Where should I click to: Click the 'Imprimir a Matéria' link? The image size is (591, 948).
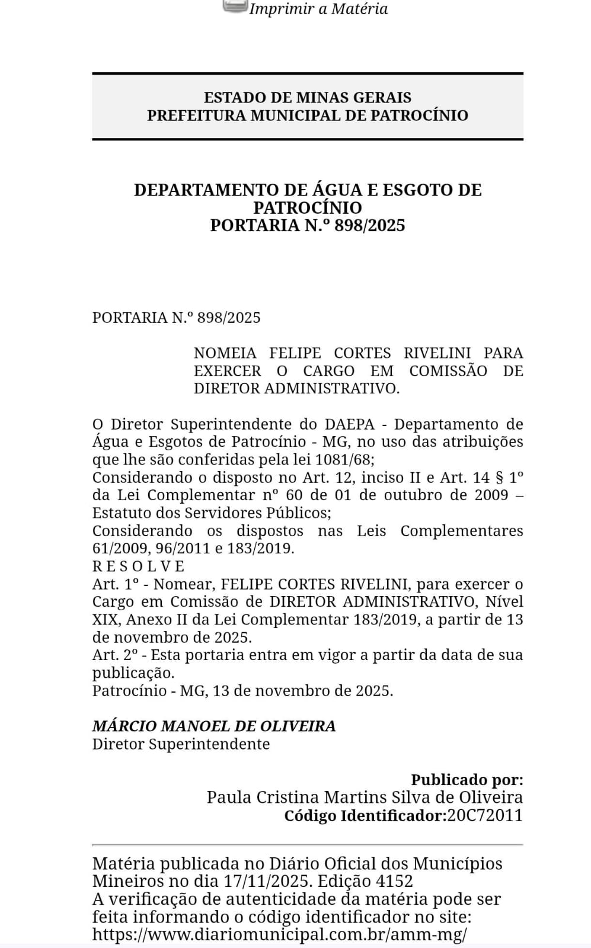pos(318,9)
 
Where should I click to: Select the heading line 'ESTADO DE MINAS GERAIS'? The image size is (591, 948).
pos(307,97)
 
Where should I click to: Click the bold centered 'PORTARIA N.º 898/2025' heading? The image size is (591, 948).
pos(307,225)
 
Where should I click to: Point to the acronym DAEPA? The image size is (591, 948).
pos(349,424)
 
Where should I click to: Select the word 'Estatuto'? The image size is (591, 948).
pos(122,513)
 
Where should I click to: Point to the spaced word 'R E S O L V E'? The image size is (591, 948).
pos(138,566)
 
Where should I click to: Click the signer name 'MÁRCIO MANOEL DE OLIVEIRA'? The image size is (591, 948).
pos(213,726)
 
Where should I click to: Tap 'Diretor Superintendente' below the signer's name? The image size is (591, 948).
pos(181,744)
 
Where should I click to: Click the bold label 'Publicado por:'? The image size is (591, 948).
pos(467,780)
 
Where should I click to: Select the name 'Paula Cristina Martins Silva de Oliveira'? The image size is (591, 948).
pos(365,798)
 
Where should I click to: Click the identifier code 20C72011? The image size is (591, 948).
pos(485,815)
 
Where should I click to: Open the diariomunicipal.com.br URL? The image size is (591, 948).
pos(279,935)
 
